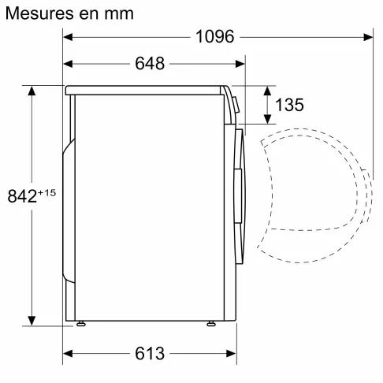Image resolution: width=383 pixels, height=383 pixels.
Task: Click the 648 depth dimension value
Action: coord(150,64)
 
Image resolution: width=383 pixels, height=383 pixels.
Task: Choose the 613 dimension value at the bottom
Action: coord(150,354)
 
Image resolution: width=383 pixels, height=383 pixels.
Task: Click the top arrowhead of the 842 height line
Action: coord(32,91)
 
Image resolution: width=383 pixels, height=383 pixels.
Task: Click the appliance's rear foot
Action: coord(80,323)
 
